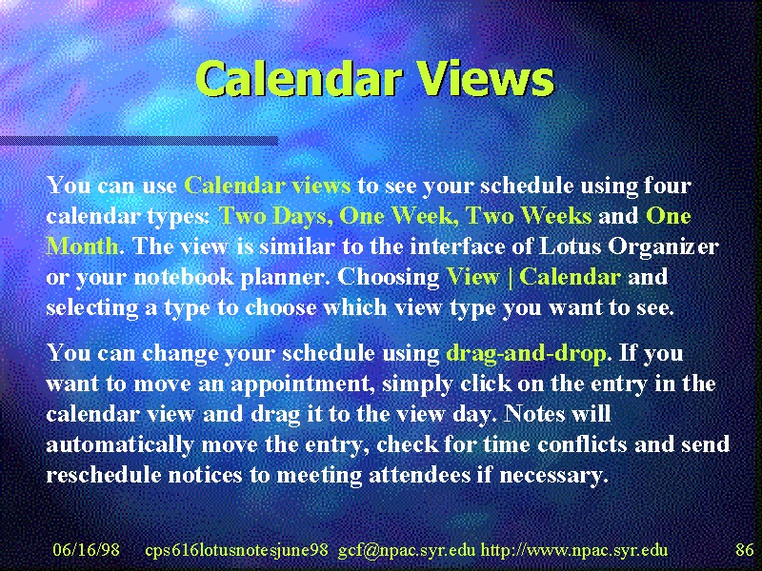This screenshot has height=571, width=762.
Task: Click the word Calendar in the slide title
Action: pyautogui.click(x=299, y=79)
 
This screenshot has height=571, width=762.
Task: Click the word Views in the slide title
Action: pyautogui.click(x=486, y=79)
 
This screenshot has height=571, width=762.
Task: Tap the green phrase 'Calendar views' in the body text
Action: pyautogui.click(x=268, y=186)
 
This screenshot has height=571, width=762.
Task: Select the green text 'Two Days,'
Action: pyautogui.click(x=276, y=217)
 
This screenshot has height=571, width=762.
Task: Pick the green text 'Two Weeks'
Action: pyautogui.click(x=529, y=217)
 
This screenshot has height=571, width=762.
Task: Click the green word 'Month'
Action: pyautogui.click(x=83, y=246)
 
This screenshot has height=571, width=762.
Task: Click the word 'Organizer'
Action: pyautogui.click(x=663, y=247)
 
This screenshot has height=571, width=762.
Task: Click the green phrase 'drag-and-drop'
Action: pyautogui.click(x=526, y=353)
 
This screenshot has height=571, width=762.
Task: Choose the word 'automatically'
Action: pyautogui.click(x=120, y=445)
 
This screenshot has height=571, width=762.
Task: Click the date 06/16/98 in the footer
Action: pyautogui.click(x=86, y=550)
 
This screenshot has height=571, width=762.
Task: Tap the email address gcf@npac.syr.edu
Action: pyautogui.click(x=407, y=551)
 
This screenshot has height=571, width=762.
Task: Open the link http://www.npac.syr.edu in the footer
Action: pyautogui.click(x=574, y=551)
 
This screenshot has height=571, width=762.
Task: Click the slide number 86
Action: pyautogui.click(x=745, y=550)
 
